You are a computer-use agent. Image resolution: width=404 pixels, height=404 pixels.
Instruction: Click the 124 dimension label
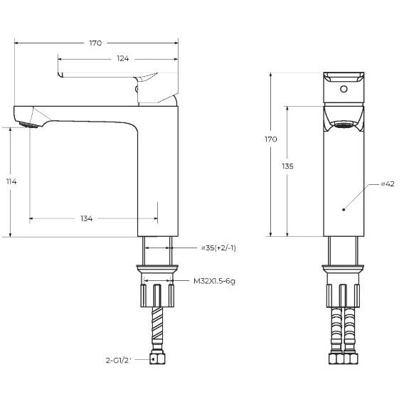coord(122,59)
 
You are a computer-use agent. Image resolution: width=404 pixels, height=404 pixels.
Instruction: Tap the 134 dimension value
coord(87,218)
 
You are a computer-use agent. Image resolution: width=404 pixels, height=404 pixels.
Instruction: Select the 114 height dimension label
coord(11,181)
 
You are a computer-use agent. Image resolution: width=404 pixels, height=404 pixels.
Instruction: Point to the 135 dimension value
coord(287,166)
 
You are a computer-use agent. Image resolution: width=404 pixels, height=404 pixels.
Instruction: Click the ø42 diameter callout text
coord(388,184)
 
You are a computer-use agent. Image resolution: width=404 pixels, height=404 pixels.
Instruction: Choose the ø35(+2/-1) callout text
coord(219,248)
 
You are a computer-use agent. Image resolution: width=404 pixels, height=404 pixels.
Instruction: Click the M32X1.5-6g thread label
coord(214,281)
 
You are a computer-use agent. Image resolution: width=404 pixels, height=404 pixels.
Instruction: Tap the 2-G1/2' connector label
coord(119,360)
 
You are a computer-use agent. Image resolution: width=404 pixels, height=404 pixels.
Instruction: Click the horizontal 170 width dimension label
coord(95,43)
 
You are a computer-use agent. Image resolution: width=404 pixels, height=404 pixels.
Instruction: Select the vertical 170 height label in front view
coord(271,139)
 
